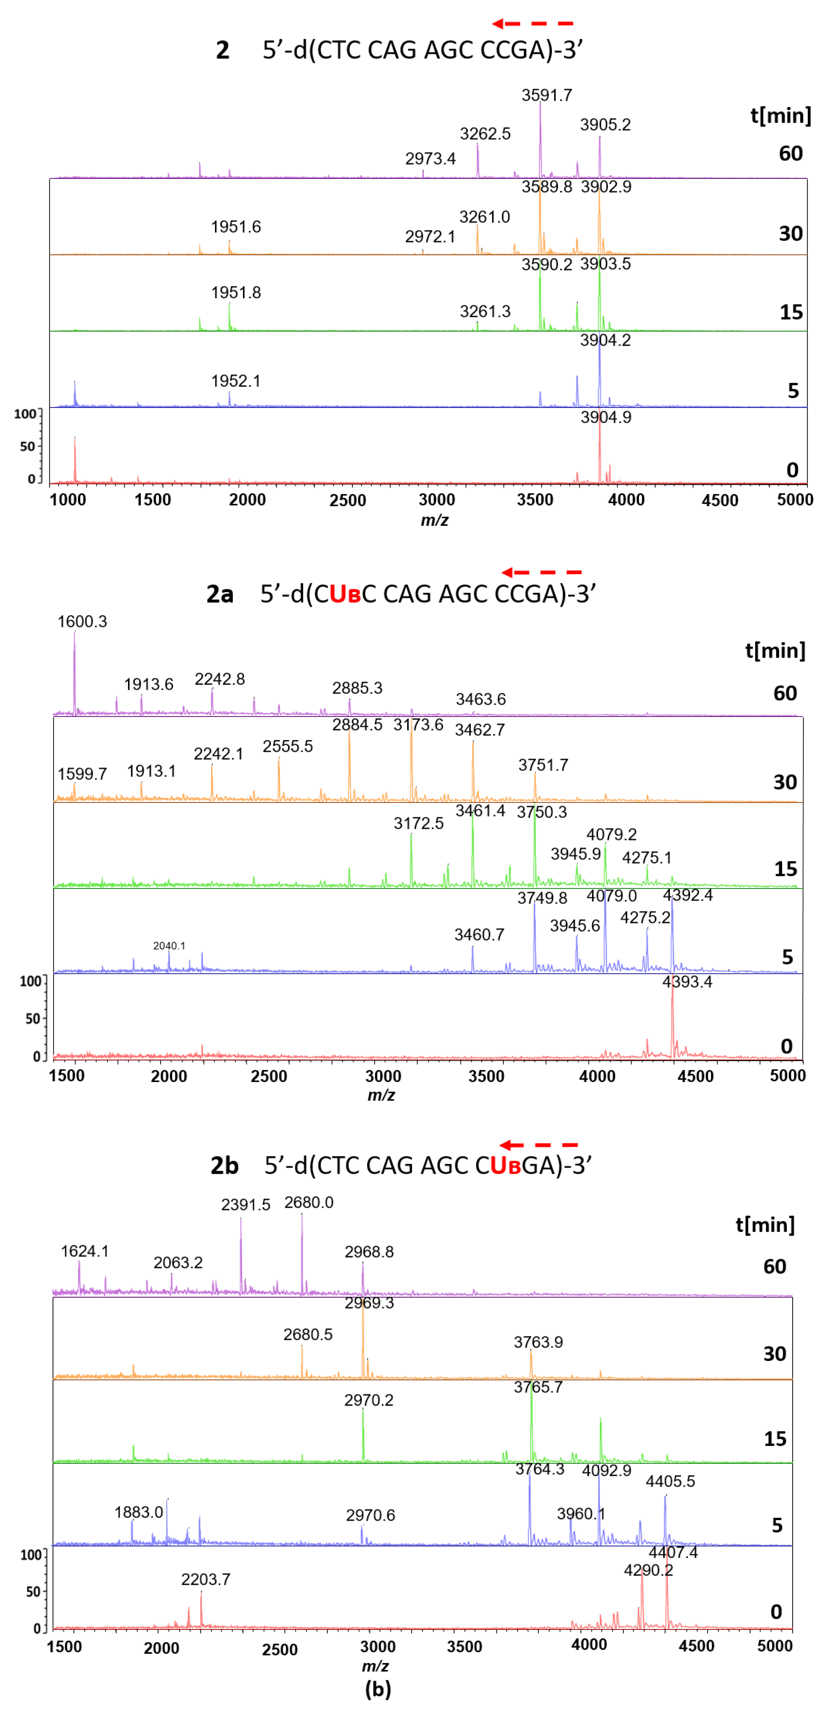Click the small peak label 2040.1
(169, 945)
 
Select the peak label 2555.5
(287, 746)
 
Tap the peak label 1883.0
(138, 1512)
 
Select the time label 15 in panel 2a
(785, 869)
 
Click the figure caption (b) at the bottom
(378, 1689)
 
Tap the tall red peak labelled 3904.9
(599, 452)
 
